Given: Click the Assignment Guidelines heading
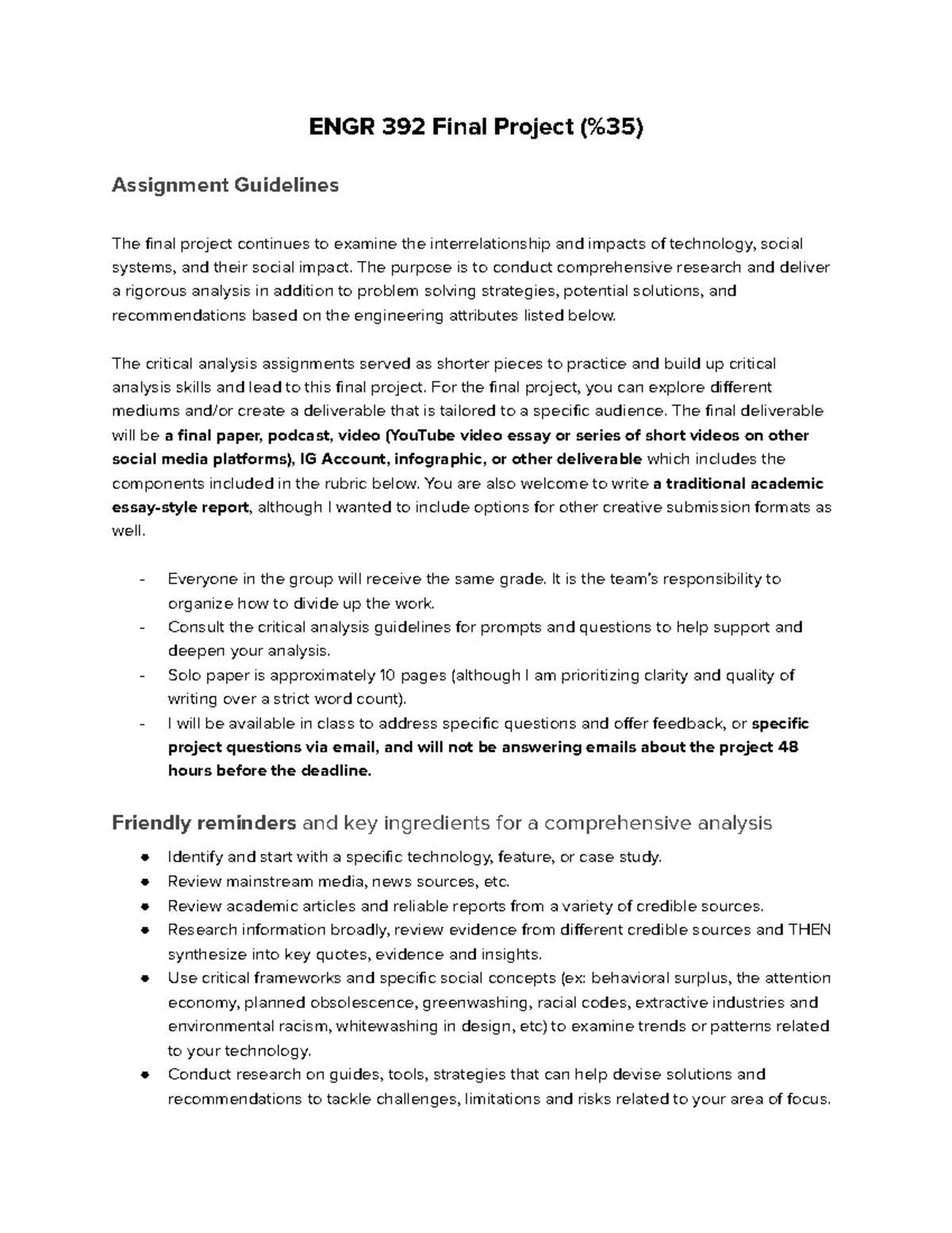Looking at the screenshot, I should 225,185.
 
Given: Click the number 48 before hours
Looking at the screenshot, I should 789,747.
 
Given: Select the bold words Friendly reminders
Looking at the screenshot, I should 204,823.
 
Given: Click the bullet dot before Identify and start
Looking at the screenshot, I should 144,857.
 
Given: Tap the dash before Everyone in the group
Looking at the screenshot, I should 142,580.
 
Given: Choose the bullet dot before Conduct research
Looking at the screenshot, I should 144,1075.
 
